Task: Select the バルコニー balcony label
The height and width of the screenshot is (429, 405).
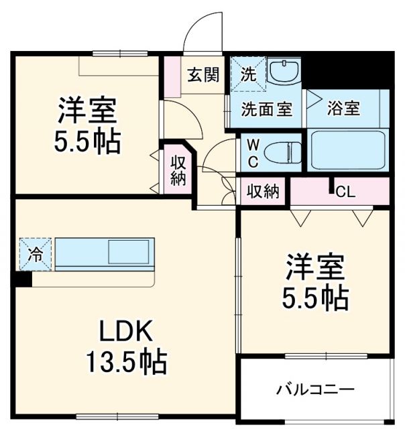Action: (x=315, y=389)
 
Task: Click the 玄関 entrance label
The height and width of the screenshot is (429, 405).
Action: (x=202, y=74)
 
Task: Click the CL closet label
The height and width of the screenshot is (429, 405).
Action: (x=345, y=192)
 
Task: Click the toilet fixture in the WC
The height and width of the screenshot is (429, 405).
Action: (x=286, y=154)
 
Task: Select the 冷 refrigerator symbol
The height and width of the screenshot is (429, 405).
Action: (x=34, y=254)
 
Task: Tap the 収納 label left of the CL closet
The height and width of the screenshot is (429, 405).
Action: (x=262, y=192)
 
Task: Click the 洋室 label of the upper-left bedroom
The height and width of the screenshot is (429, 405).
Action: (x=87, y=109)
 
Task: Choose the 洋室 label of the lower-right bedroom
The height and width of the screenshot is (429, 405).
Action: (x=315, y=267)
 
